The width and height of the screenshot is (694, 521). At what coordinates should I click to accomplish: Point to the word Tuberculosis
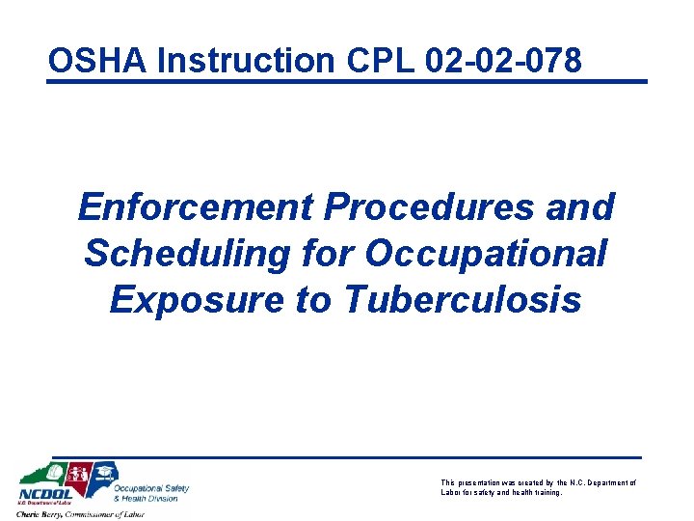(463, 299)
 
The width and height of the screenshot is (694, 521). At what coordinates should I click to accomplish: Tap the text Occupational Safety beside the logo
(151, 488)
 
